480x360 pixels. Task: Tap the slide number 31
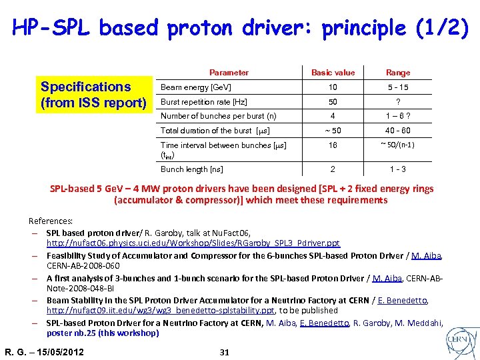coord(224,352)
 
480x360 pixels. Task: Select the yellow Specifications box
coord(93,95)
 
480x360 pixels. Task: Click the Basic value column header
coord(333,73)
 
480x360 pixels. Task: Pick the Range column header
coord(398,73)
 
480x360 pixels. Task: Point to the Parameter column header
coord(229,73)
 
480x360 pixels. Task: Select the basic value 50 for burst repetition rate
coord(333,101)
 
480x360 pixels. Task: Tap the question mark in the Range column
coord(398,102)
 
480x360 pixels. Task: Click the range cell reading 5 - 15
coord(398,88)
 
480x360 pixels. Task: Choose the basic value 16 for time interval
coord(333,145)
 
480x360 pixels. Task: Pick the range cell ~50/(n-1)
coord(398,145)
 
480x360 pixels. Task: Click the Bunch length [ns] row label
coord(193,169)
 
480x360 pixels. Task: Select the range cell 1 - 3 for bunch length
coord(398,169)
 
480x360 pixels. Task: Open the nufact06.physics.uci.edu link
coord(193,243)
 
